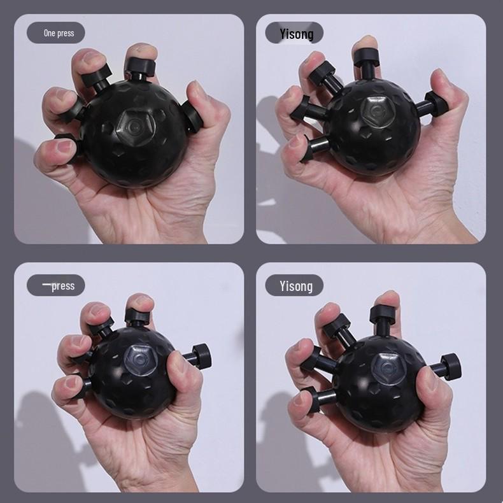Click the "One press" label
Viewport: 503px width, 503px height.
(x=56, y=32)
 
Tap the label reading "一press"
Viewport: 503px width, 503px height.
(x=56, y=285)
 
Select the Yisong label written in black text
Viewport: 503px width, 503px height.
(x=295, y=33)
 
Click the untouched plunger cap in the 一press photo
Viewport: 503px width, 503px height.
(x=202, y=355)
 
